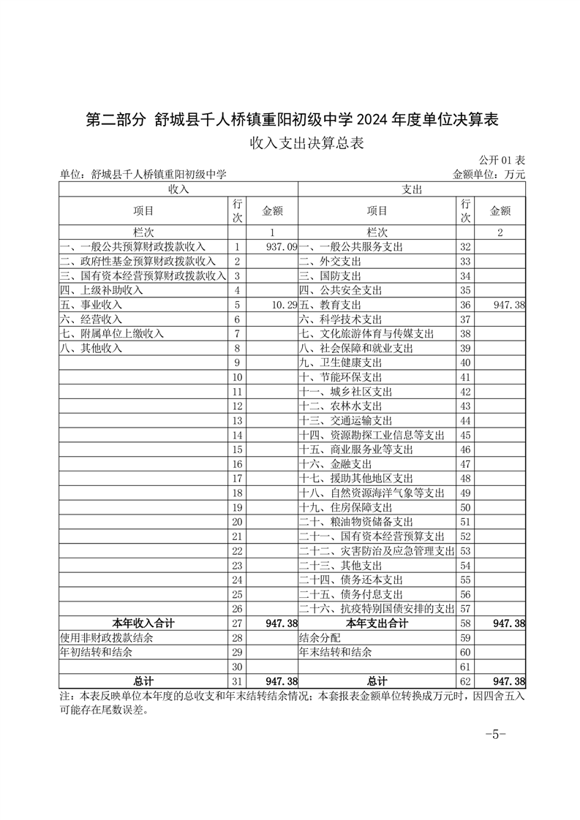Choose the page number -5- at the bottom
pos(496,734)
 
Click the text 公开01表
pos(502,160)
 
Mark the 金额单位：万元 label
pos(489,175)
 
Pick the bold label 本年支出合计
pos(377,623)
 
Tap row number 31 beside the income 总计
pos(237,681)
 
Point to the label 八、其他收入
pos(91,348)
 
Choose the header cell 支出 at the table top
pos(412,189)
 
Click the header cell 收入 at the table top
pos(178,189)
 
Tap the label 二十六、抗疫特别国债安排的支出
pos(377,609)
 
